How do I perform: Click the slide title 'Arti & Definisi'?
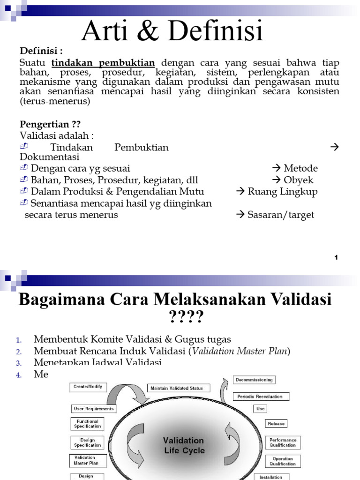pos(172,31)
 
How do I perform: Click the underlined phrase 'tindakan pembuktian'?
pos(103,63)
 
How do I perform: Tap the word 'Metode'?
pos(300,168)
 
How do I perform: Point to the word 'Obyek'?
pos(299,180)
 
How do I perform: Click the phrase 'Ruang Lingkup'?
pos(283,192)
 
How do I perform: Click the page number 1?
pos(336,257)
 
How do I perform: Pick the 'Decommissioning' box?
pos(254,380)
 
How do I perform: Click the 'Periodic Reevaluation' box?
pos(260,397)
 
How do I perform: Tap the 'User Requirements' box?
pos(94,409)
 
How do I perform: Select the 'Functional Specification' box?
pos(87,424)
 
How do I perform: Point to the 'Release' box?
pos(276,424)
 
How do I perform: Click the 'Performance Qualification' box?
pos(283,442)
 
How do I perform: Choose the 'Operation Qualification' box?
pos(283,461)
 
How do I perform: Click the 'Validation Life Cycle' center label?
pos(184,445)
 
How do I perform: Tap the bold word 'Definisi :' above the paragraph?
pos(40,51)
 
